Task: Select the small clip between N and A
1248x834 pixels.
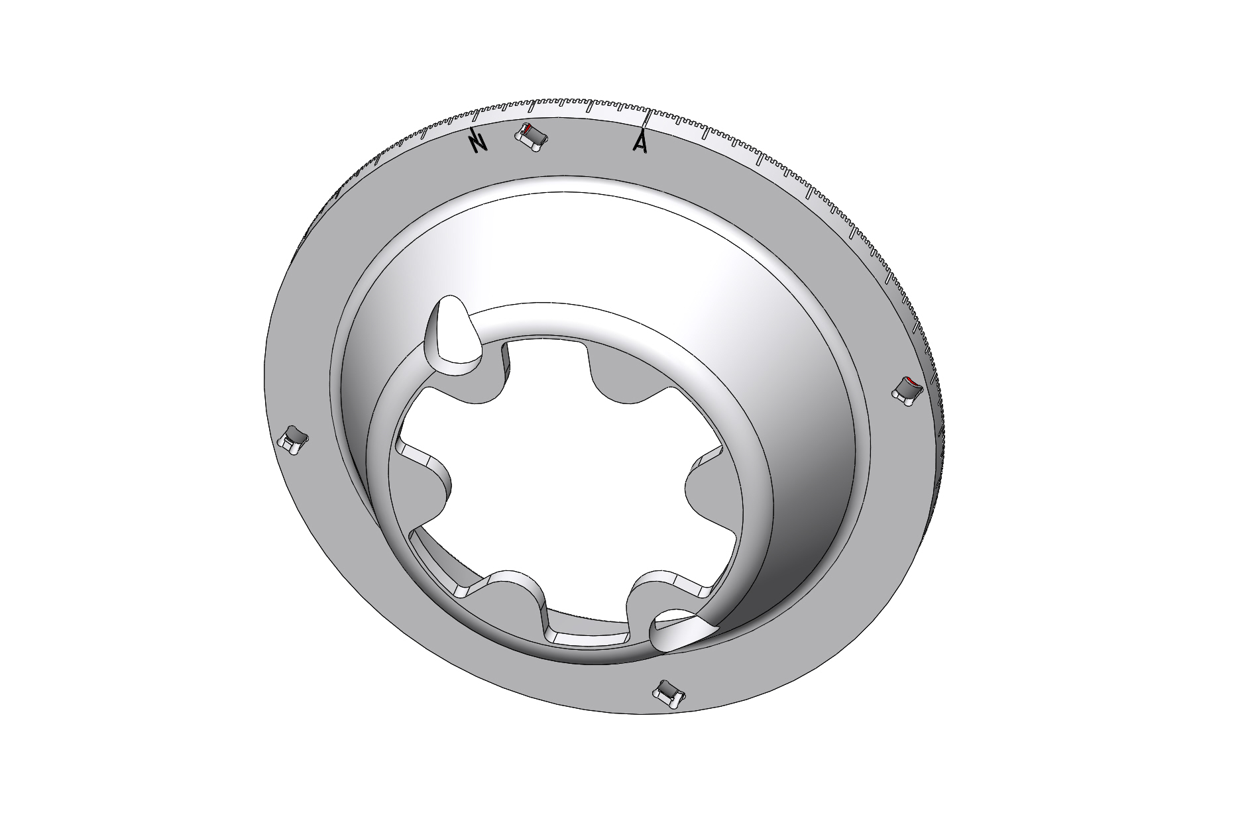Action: pos(533,138)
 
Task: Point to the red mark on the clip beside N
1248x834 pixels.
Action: pos(528,129)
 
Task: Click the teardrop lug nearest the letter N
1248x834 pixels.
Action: pos(455,338)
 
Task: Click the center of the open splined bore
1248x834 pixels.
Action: pos(563,484)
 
